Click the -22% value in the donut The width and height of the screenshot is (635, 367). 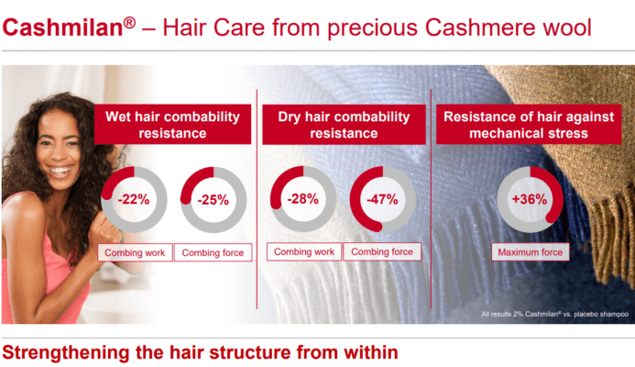tap(134, 199)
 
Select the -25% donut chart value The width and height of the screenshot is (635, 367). tap(213, 200)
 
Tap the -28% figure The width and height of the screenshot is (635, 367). tap(302, 199)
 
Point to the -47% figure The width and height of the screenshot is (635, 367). tap(382, 199)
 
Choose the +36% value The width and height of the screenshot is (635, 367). tap(530, 199)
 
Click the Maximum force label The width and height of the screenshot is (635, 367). tap(531, 252)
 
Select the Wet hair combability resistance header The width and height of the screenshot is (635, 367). tap(172, 125)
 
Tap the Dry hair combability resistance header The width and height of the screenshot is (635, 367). tap(344, 125)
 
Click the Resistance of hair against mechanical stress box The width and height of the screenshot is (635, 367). tap(529, 125)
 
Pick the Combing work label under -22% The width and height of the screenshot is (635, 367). tap(135, 252)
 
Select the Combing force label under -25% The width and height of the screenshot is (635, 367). tap(213, 252)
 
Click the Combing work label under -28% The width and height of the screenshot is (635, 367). tap(304, 251)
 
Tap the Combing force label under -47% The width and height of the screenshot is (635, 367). tap(382, 251)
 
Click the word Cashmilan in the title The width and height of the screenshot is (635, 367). tap(63, 28)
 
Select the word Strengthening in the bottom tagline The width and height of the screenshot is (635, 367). tap(66, 353)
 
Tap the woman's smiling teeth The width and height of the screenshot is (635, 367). tap(60, 171)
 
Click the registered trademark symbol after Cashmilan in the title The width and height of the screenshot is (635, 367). tap(129, 22)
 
